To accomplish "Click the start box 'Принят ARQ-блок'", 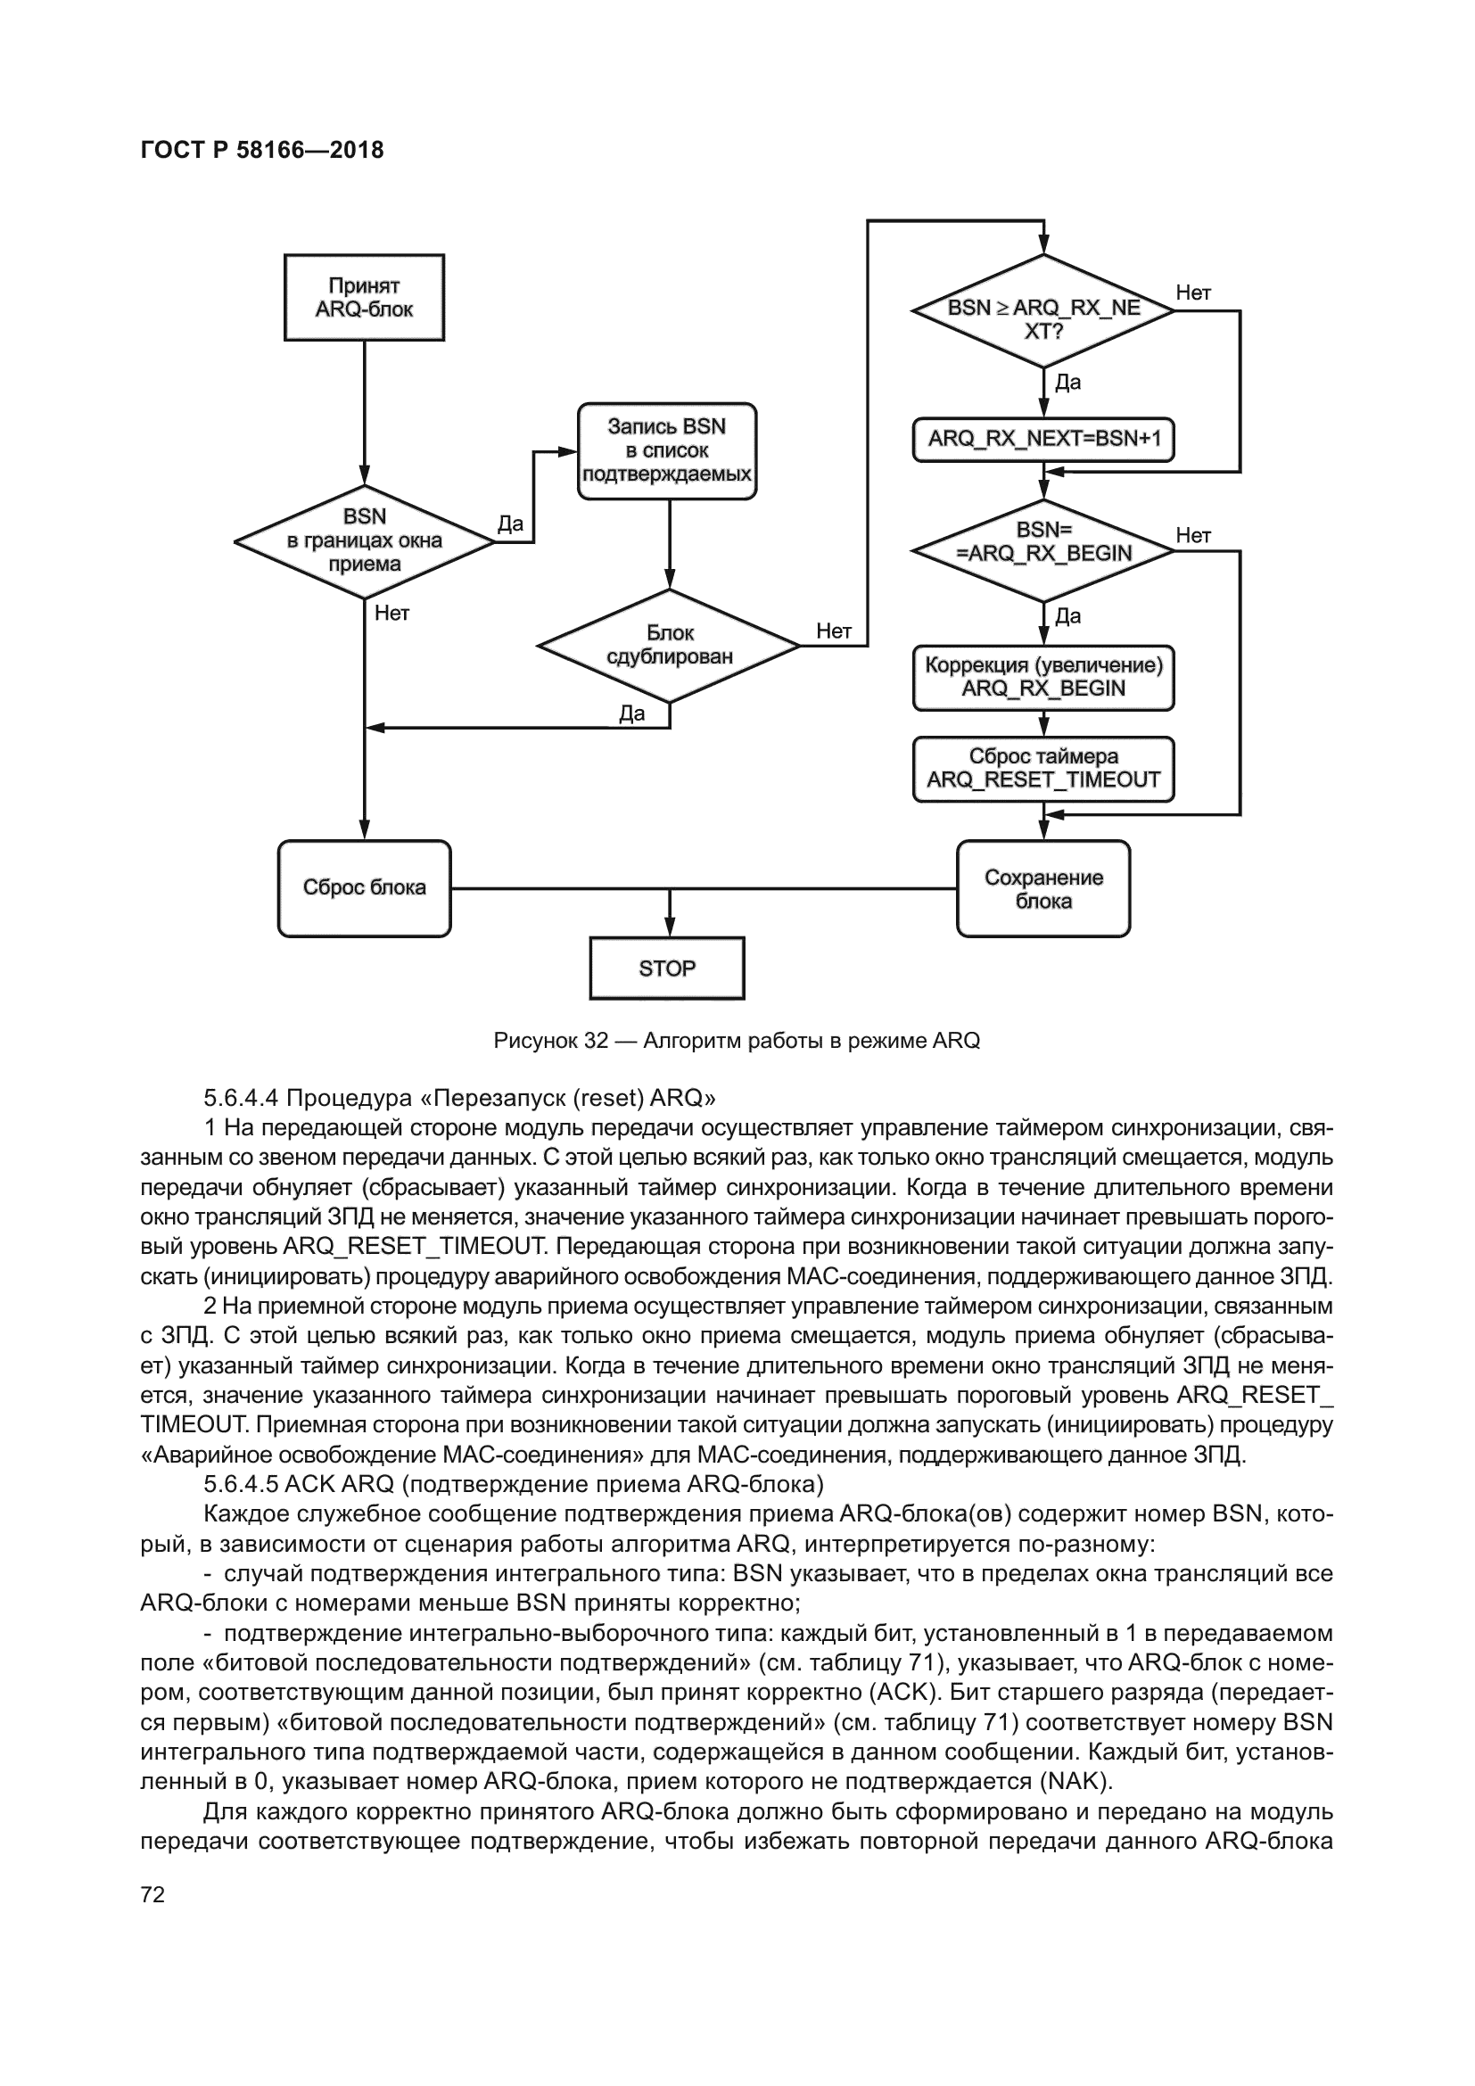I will coord(364,297).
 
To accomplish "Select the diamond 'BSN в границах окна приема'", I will coord(364,541).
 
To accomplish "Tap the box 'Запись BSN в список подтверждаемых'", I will coord(667,450).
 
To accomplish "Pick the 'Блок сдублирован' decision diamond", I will coord(669,645).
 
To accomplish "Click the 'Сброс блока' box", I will coord(364,887).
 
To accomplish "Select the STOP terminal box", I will coord(667,969).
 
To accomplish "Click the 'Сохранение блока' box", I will coord(1042,888).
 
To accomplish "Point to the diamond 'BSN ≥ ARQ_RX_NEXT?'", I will coord(1042,310).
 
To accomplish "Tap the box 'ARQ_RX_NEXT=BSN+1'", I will coord(1042,440).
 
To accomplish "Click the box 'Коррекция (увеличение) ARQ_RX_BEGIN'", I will coord(1042,677).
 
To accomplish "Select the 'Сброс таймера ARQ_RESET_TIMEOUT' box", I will coord(1042,769).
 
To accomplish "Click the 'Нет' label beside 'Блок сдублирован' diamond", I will coord(833,631).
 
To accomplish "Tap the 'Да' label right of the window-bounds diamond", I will coord(510,524).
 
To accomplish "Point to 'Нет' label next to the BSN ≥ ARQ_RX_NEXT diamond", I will coord(1192,293).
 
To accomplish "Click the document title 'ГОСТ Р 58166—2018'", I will coord(262,150).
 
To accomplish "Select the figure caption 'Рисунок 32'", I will coord(550,1041).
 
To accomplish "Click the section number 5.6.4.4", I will coord(241,1099).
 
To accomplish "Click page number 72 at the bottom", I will coord(152,1894).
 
